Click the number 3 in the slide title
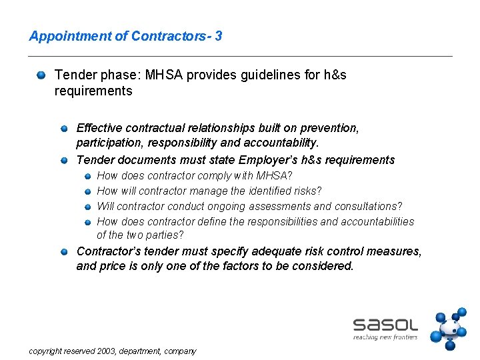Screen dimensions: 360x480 [x=219, y=36]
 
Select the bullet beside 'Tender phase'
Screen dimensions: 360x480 [x=42, y=76]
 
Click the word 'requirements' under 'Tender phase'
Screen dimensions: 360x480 [x=93, y=91]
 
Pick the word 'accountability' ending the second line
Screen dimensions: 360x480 [x=285, y=143]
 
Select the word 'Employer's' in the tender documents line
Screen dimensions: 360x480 [x=267, y=160]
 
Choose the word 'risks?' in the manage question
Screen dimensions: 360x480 [x=307, y=191]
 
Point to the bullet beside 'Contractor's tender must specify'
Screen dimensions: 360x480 [x=64, y=252]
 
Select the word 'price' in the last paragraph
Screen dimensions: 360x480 [x=113, y=266]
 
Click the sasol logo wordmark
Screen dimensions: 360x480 [x=385, y=325]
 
